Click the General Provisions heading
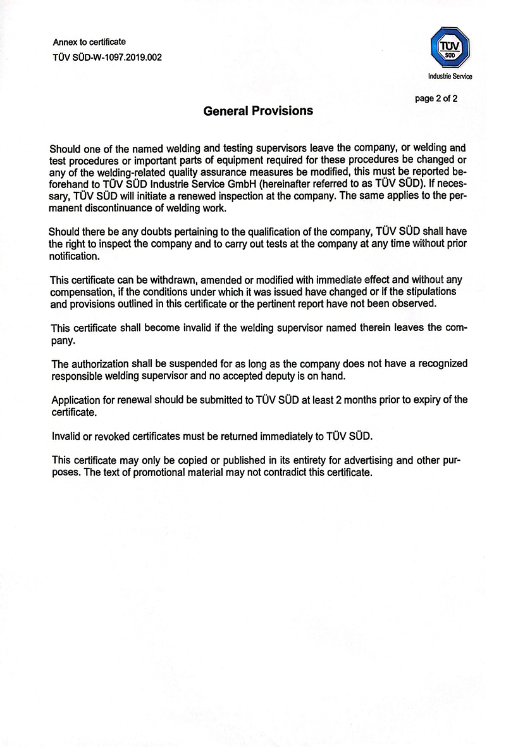(x=258, y=111)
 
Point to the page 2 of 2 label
(x=436, y=98)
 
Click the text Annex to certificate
(x=89, y=42)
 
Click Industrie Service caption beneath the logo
(x=450, y=77)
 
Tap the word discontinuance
(x=120, y=208)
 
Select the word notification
(x=74, y=256)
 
